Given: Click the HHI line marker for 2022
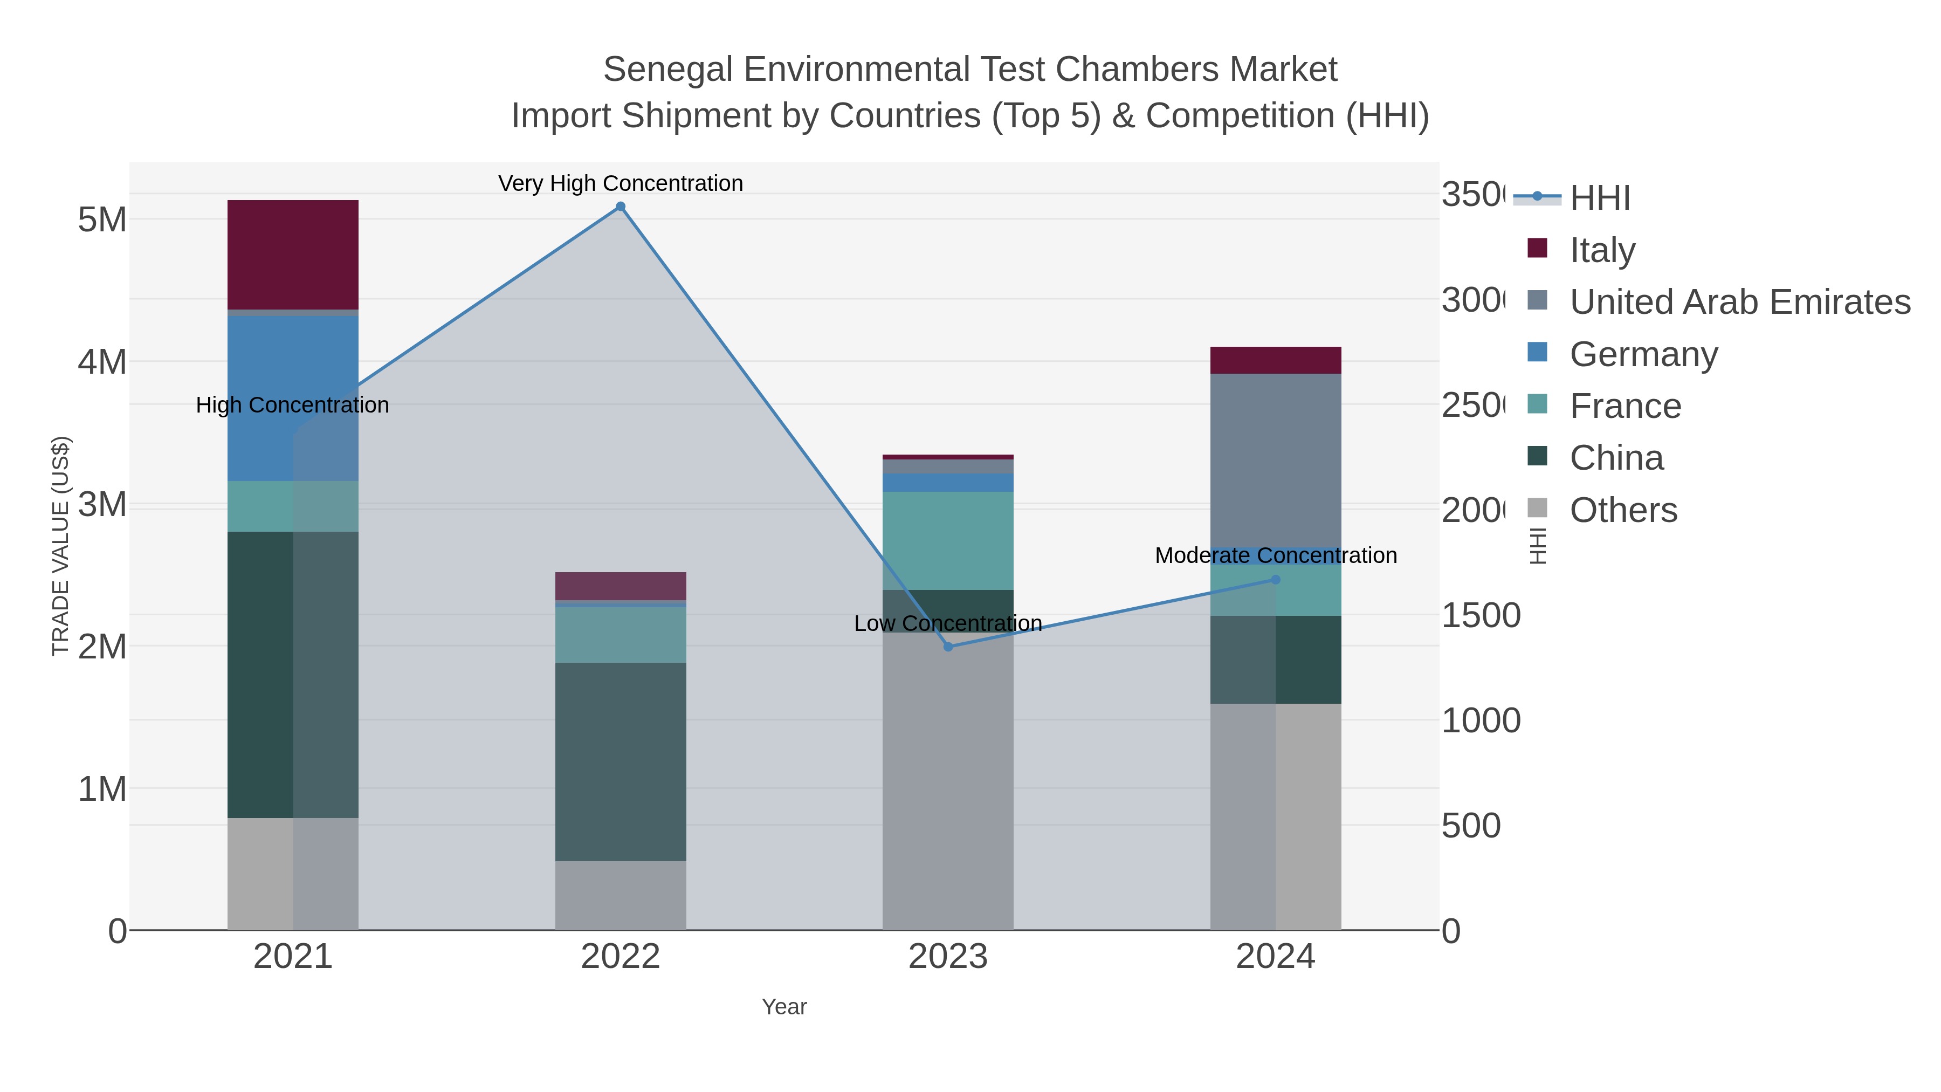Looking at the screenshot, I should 620,207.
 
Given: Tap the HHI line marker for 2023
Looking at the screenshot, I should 948,647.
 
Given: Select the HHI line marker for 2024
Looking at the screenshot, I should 1275,580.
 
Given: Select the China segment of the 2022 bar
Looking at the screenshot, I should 620,761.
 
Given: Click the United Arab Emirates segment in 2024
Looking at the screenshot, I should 1275,459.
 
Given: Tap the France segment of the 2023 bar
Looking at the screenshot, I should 948,540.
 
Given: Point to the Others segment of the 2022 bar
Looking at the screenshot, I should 620,895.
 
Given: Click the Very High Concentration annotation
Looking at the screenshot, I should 620,183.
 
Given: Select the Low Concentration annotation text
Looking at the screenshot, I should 948,623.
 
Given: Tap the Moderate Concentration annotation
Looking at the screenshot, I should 1275,555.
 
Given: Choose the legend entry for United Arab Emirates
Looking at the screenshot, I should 1739,301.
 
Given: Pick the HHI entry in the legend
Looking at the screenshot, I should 1599,197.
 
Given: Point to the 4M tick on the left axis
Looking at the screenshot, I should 102,362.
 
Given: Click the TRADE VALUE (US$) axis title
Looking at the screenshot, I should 60,546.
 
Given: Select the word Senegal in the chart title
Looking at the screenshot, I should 667,70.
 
